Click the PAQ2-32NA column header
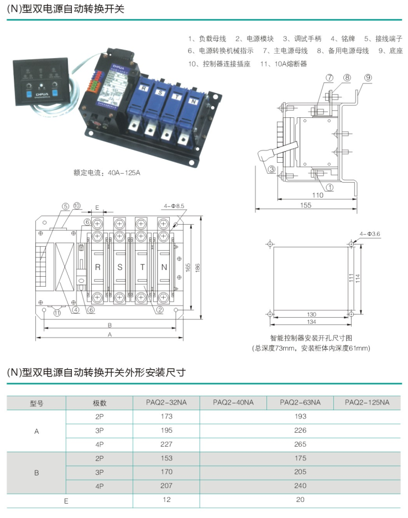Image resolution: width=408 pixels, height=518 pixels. point(166,403)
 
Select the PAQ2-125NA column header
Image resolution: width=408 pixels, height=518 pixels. point(367,403)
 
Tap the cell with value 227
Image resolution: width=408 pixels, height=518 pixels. point(166,444)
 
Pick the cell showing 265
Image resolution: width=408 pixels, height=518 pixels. point(300,444)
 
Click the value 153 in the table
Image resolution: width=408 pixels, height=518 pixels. point(166,458)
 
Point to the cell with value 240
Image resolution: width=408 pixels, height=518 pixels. point(300,486)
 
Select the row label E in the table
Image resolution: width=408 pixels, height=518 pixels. point(66,500)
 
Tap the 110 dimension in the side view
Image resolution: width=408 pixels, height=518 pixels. point(317,195)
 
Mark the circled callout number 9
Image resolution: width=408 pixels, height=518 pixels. point(368,77)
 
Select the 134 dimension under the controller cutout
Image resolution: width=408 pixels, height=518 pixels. point(311,322)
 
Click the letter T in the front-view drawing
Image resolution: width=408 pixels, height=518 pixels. point(142,267)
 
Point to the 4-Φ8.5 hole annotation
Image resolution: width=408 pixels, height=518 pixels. point(174,206)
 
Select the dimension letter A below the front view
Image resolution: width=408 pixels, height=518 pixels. point(109,335)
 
